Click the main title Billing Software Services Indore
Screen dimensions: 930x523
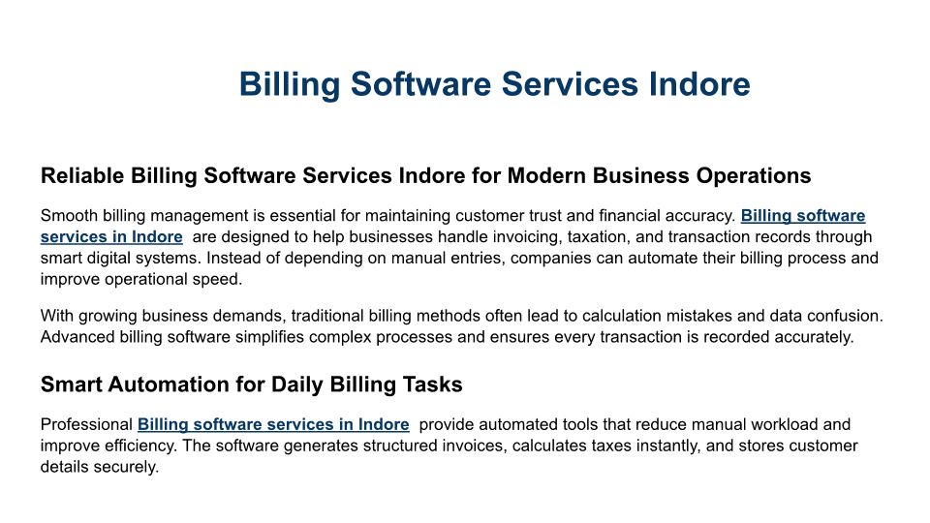click(x=495, y=83)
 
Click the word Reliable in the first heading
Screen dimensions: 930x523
click(x=82, y=175)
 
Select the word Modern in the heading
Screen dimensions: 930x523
click(x=546, y=175)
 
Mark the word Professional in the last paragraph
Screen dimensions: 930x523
click(x=86, y=424)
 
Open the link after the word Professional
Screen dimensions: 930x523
click(x=273, y=424)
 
